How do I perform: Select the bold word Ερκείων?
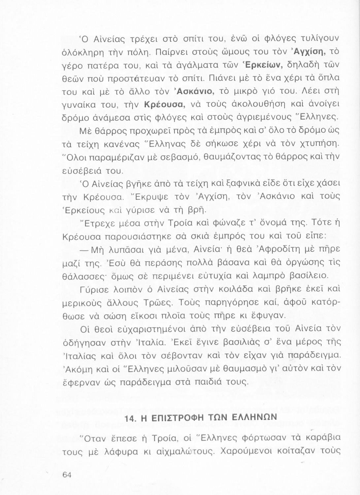point(265,65)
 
